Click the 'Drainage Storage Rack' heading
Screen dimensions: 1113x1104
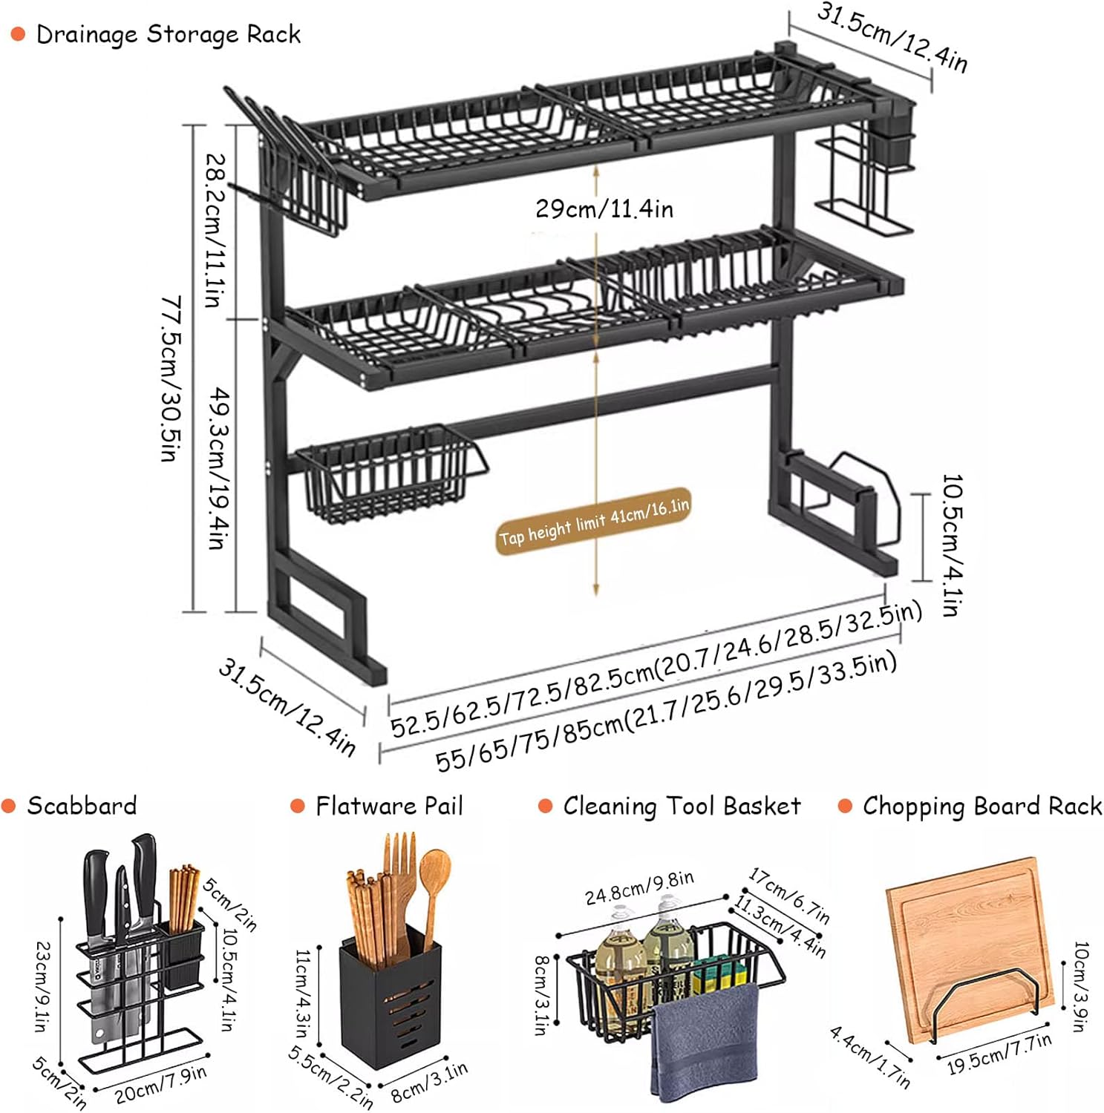168,35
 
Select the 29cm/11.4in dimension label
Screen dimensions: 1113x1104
604,209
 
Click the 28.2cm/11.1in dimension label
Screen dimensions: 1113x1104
214,230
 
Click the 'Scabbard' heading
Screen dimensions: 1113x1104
82,806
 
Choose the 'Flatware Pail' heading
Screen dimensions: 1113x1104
389,806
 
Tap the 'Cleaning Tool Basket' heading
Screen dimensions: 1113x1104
682,806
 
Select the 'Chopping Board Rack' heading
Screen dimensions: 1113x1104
981,806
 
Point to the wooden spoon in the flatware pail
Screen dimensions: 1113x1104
434,890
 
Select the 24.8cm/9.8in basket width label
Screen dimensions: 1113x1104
639,888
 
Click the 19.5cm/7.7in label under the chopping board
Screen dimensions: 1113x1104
999,1054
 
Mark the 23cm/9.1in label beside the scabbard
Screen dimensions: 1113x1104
43,986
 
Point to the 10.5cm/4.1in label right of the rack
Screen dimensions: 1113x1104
950,545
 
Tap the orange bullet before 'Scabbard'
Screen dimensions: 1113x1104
9,806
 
